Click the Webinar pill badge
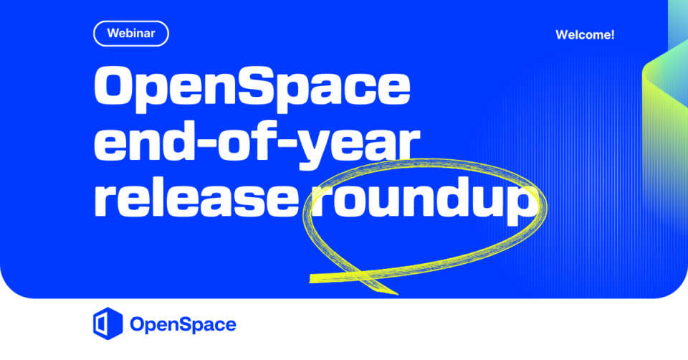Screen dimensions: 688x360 pyautogui.click(x=130, y=34)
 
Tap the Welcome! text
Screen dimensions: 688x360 pyautogui.click(x=585, y=34)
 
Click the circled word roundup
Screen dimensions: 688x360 pyautogui.click(x=425, y=202)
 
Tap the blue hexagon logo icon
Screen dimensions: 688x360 pyautogui.click(x=108, y=323)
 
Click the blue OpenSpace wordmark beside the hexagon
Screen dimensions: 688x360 pyautogui.click(x=183, y=325)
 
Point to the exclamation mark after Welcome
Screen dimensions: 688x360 pyautogui.click(x=612, y=34)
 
